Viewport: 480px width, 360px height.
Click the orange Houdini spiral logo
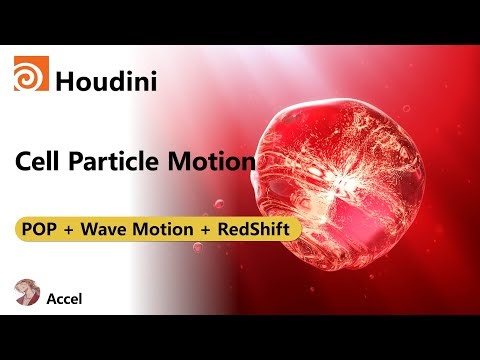(30, 75)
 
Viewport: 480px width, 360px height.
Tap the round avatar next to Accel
(28, 293)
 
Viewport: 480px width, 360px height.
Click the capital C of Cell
(24, 160)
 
